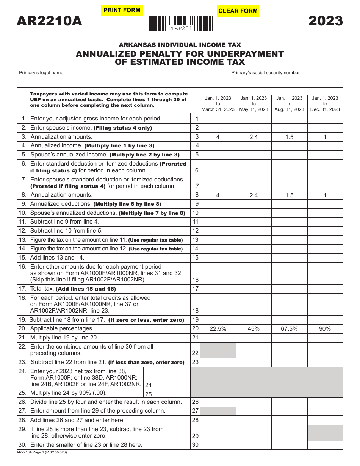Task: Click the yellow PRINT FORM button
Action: coord(122,11)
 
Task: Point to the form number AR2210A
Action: coord(49,21)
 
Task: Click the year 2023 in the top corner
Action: coord(326,21)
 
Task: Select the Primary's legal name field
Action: coord(123,79)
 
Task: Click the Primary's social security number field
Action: coord(286,79)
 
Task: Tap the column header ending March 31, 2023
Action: coord(218,104)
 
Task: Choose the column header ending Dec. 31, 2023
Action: coord(325,104)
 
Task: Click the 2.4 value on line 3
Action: coord(254,137)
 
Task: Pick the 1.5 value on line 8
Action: coord(289,195)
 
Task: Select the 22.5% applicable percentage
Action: coord(218,329)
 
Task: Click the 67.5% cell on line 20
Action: coord(289,329)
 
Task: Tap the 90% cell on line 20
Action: coord(325,329)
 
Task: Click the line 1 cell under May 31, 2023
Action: coord(254,119)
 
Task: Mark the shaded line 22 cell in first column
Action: coord(218,350)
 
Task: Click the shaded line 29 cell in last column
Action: coord(325,433)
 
